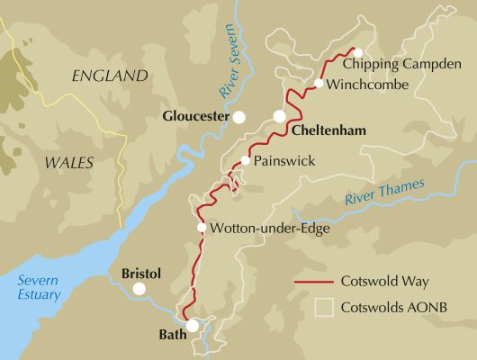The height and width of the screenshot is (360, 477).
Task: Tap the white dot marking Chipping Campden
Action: (x=357, y=52)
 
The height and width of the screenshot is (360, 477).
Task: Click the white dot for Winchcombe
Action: (x=319, y=84)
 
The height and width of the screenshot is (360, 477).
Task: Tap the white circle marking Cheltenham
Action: (x=280, y=116)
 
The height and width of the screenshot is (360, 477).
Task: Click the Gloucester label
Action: (x=193, y=116)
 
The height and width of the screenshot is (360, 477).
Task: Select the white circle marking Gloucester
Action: (x=238, y=117)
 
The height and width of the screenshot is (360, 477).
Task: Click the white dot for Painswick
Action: (x=245, y=160)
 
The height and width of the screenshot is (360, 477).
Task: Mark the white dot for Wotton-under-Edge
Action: (x=201, y=228)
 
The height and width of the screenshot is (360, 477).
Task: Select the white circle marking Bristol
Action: (x=139, y=289)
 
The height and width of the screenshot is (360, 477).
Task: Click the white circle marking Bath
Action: (x=193, y=326)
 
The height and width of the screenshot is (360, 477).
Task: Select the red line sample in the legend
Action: (x=314, y=281)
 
